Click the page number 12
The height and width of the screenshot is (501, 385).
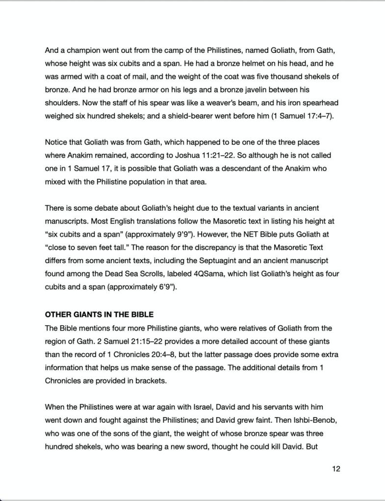[x=336, y=469]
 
